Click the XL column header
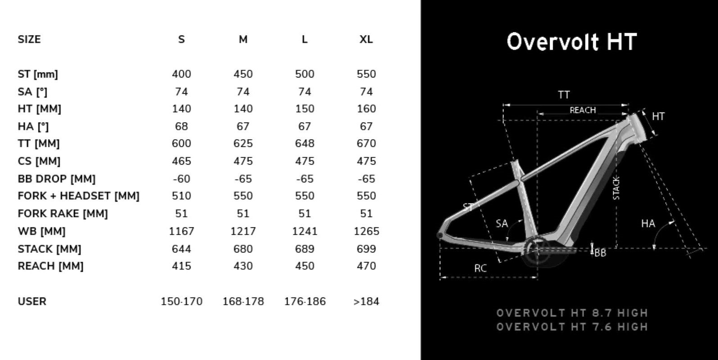366,40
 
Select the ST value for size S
181,74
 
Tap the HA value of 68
181,126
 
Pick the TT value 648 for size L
305,144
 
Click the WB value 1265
366,231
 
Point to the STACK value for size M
243,249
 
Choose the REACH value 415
181,266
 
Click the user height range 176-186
305,301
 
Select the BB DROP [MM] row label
56,179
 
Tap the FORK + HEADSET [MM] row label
78,196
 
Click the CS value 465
181,161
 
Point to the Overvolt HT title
571,42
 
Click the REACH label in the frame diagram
583,110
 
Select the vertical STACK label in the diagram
616,188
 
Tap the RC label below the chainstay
480,269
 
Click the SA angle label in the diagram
502,224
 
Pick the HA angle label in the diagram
648,224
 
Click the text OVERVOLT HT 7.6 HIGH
572,327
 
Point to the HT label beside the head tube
658,117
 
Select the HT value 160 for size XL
366,109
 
